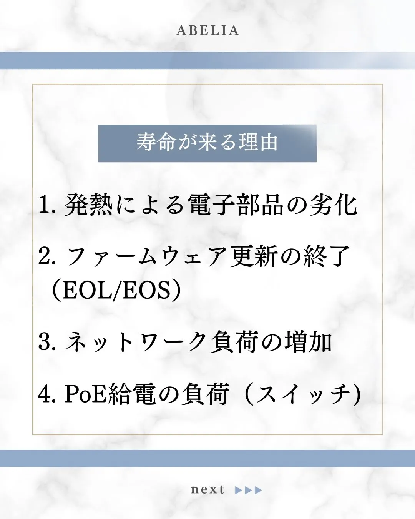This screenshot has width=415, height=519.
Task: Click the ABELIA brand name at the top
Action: (x=207, y=31)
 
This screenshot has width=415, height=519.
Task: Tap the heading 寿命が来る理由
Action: (x=207, y=142)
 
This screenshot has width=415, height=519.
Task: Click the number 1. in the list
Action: (x=48, y=205)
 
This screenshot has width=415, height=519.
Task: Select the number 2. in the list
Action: (x=48, y=256)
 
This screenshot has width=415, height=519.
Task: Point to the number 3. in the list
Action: (x=48, y=342)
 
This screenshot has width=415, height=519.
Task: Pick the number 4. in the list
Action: (x=48, y=394)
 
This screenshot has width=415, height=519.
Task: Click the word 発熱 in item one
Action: (x=89, y=205)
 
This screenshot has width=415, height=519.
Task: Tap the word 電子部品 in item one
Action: (x=236, y=205)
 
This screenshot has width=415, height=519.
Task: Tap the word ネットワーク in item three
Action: (x=136, y=342)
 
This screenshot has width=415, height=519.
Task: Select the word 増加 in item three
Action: (x=309, y=342)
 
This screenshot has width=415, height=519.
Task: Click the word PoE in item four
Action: (x=85, y=394)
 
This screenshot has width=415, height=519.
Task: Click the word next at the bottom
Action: (x=207, y=490)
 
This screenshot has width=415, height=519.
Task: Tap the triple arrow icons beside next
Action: (x=249, y=490)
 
